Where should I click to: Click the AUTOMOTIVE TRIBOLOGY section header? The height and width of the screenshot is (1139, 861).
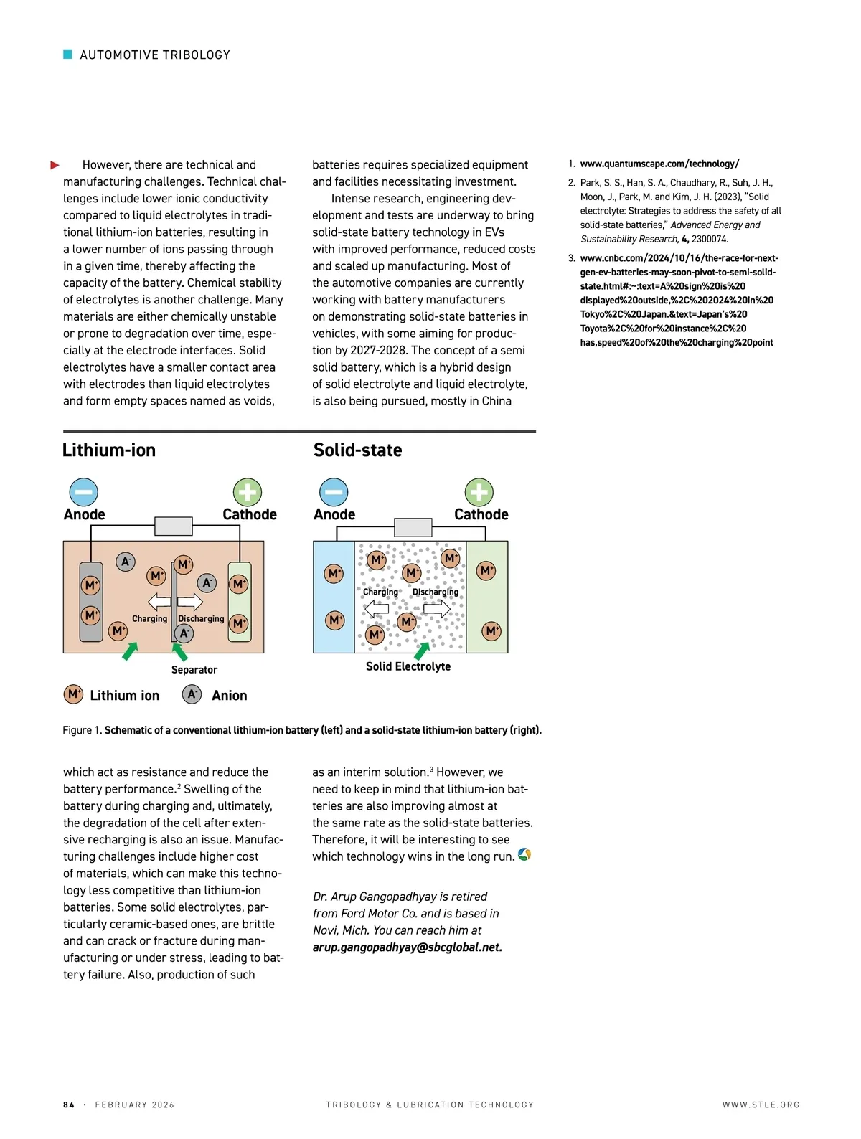pos(154,55)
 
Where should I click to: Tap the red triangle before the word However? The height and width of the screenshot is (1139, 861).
pos(55,166)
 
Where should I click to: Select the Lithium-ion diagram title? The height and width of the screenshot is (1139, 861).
pos(109,450)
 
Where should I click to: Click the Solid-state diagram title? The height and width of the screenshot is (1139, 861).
pos(357,450)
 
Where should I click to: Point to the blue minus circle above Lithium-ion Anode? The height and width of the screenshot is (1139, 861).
pos(84,493)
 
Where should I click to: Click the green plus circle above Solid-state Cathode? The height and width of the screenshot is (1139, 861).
pos(479,493)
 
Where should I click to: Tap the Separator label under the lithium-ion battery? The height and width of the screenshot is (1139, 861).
pos(194,670)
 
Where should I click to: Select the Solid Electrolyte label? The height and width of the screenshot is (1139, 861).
pos(408,666)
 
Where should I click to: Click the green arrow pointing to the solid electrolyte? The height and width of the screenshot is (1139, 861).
pos(422,651)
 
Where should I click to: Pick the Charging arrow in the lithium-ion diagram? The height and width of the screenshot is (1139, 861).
pos(159,601)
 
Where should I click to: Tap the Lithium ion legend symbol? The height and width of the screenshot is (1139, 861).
pos(74,694)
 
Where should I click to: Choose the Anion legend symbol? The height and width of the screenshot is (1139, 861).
pos(192,694)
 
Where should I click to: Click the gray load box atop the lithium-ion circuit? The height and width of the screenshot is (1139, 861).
pos(174,526)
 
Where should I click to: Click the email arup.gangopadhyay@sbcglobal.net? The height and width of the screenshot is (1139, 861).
pos(407,947)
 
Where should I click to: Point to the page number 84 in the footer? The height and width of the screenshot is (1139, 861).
pos(69,1105)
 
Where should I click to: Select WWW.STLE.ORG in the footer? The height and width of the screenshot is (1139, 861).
pos(761,1105)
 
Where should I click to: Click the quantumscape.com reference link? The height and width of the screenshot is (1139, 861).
pos(659,164)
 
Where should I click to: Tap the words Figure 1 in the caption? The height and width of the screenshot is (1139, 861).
pos(82,730)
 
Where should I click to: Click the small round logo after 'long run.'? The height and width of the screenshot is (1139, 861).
pos(524,855)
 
